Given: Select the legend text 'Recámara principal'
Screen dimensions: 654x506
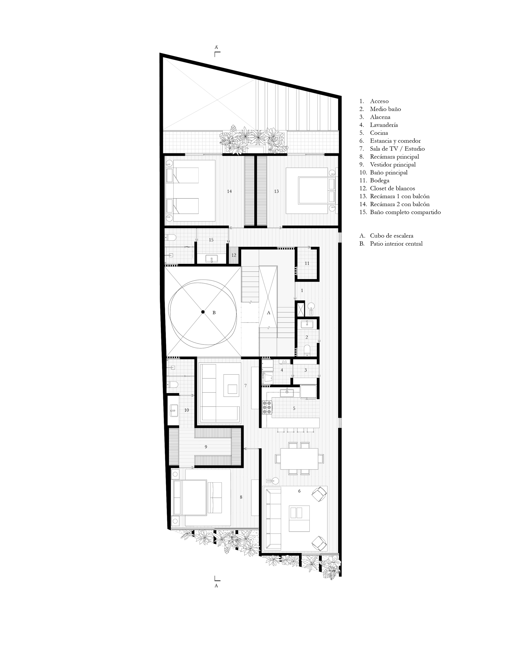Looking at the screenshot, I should point(394,157).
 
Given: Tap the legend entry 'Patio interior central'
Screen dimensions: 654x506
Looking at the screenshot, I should point(396,244).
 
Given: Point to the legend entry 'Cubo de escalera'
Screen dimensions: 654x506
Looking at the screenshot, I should point(391,236).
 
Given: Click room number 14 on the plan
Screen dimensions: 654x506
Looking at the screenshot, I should point(229,191).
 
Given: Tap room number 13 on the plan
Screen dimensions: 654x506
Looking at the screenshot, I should point(276,191).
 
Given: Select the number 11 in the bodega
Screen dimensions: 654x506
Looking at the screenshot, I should point(307,263).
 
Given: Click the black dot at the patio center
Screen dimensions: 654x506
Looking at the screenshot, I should point(203,312).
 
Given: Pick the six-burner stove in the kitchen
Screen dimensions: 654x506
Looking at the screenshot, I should point(267,408).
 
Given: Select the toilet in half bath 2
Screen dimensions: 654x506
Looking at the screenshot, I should point(307,350).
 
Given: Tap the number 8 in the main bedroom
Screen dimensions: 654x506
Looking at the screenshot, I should point(241,497).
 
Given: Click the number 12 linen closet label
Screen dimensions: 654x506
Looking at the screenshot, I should point(234,255).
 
